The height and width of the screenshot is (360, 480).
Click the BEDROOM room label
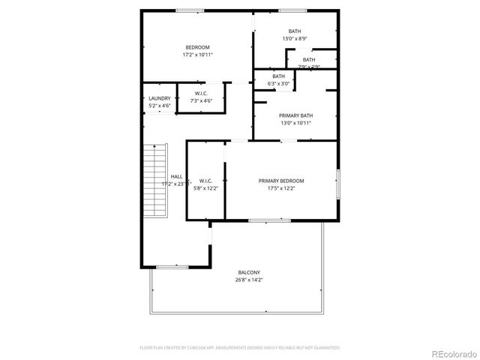pos(198,47)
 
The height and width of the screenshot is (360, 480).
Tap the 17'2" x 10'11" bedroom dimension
pos(198,55)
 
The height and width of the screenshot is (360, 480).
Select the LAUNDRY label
pos(160,98)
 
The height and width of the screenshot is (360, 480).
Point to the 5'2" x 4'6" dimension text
pos(160,106)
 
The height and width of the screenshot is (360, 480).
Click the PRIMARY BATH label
pos(295,115)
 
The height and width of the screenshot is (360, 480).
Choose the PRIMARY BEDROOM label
pos(281,181)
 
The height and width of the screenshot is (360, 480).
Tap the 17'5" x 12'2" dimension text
pos(281,188)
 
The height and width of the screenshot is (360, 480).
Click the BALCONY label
pos(249,272)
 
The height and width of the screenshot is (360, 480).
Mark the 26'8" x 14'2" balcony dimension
pos(249,280)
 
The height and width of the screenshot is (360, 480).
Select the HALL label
pos(176,176)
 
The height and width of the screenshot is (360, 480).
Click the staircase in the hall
pos(154,180)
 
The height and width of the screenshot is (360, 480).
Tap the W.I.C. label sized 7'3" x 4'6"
pos(201,93)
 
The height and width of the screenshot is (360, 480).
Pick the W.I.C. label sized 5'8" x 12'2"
pos(206,181)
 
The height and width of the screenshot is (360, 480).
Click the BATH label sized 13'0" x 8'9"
pos(295,31)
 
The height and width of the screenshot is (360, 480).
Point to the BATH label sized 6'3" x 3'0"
pos(279,76)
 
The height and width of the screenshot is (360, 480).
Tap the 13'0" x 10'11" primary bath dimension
pos(295,123)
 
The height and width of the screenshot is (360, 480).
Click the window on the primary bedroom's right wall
pos(338,184)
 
